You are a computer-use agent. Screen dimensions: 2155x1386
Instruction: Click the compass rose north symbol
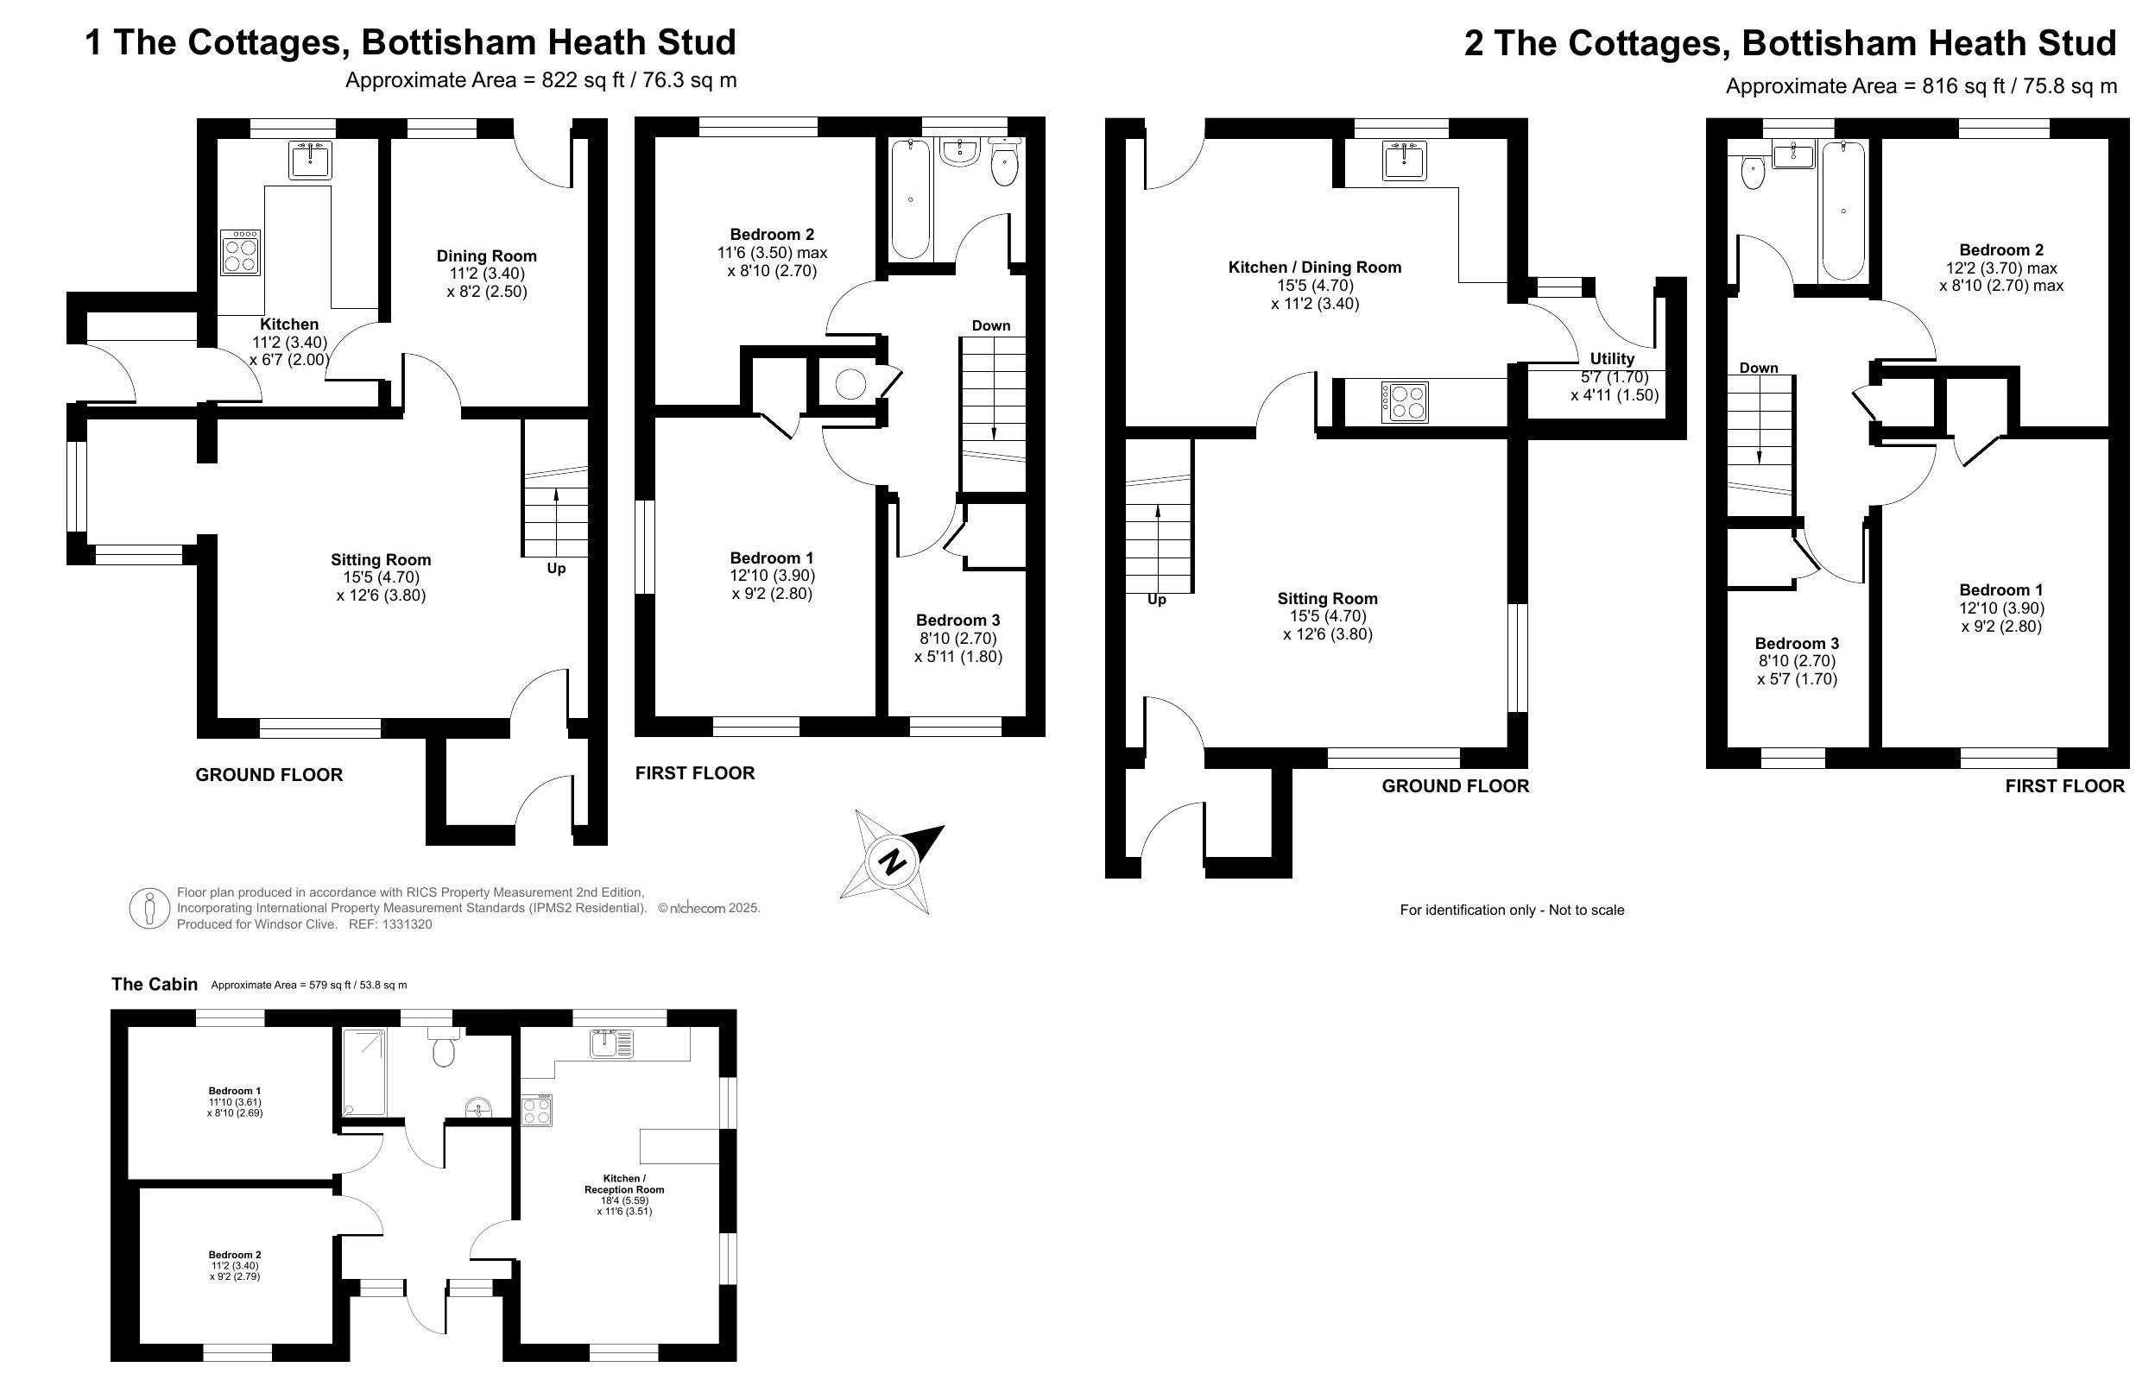892,861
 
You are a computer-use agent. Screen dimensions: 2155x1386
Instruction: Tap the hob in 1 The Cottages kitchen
241,252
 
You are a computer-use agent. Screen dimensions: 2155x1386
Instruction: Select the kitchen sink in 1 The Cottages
311,161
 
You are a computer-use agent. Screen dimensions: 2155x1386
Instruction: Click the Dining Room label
487,256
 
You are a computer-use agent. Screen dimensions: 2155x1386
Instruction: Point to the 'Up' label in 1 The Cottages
556,569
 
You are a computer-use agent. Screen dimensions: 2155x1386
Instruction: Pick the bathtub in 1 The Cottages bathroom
910,200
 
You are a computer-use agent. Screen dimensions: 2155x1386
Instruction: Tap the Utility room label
1612,359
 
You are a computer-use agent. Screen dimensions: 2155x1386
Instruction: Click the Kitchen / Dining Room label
1315,268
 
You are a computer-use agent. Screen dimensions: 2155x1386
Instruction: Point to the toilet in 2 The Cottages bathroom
1753,171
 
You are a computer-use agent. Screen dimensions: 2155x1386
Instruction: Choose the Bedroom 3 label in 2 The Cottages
1797,644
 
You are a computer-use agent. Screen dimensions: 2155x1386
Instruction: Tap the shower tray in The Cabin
363,1073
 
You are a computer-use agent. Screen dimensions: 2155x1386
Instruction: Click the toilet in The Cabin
443,1048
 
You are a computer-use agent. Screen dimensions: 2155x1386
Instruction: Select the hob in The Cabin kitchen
536,1110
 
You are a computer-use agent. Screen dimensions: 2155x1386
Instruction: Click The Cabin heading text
154,985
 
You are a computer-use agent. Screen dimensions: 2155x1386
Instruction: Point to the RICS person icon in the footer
149,908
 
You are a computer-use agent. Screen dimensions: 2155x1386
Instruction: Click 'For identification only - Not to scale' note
1513,910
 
